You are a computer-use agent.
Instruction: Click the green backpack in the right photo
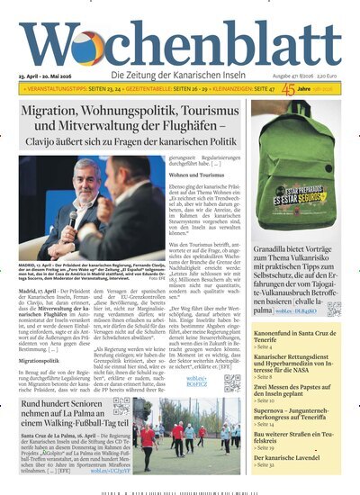pos(296,171)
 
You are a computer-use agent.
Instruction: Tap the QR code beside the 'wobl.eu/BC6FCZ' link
pos(231,383)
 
